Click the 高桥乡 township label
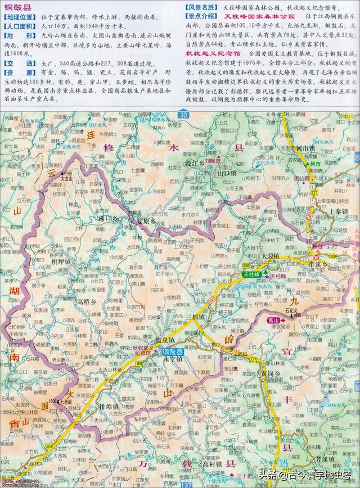(x=88, y=301)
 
